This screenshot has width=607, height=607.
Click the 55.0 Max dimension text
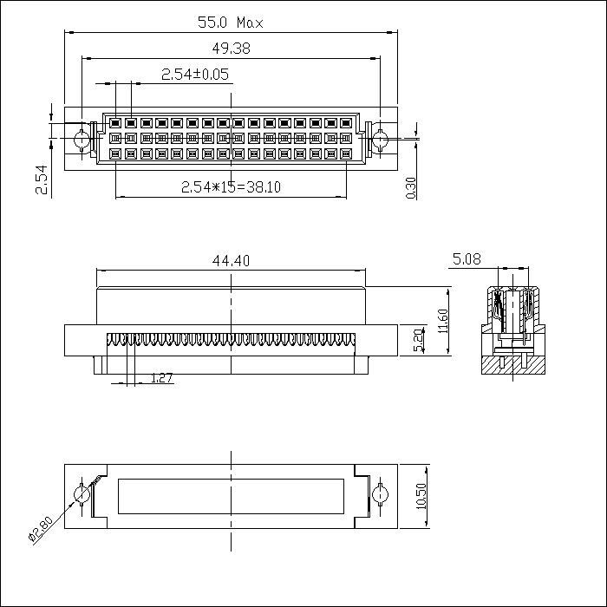coord(231,23)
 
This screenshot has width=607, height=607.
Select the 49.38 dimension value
coord(231,49)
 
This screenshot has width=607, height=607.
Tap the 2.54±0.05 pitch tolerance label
coord(195,75)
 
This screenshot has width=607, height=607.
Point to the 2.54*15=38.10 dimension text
coord(231,186)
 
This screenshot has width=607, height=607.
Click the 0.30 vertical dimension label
coord(411,187)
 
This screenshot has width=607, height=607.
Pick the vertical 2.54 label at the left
coord(42,179)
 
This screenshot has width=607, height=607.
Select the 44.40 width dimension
coord(231,259)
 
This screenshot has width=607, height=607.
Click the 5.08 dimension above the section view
coord(467,258)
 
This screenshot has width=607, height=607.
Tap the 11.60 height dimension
coord(443,322)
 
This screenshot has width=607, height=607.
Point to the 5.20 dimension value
coord(419,339)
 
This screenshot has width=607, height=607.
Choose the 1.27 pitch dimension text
coord(162,377)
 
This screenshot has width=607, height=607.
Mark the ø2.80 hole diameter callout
coord(41,528)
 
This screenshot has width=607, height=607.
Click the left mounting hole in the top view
coord(82,139)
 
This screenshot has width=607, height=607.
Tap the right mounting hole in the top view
coord(380,139)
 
